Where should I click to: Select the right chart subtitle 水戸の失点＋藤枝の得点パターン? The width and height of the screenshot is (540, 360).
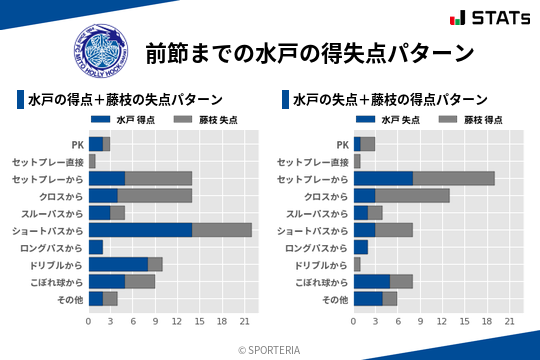[390, 100]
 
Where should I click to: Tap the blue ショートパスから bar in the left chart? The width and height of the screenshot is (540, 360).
[140, 229]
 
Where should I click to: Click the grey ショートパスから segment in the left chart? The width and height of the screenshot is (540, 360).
[222, 229]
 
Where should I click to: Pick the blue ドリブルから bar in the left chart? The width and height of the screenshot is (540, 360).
[118, 264]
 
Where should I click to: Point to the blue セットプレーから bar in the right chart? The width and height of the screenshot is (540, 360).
[383, 178]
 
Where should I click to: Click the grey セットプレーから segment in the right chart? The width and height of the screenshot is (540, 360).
[454, 178]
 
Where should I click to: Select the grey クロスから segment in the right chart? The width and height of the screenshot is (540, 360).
[412, 195]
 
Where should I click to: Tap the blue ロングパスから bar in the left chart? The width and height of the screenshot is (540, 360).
[96, 247]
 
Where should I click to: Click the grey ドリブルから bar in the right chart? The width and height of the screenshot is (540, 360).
[357, 264]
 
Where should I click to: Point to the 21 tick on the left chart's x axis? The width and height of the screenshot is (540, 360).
[245, 322]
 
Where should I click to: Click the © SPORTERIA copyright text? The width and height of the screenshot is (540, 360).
[270, 349]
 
